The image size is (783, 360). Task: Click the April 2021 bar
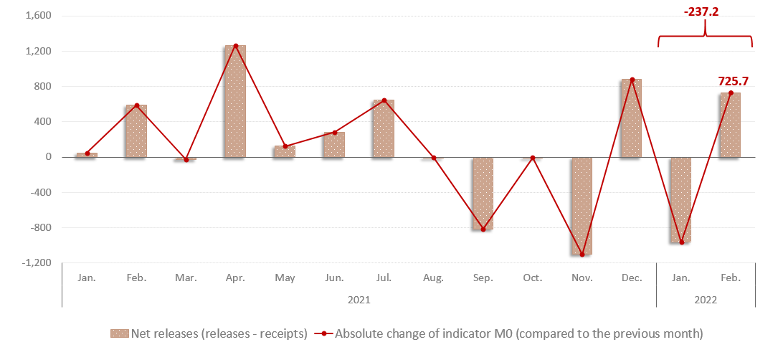(x=235, y=100)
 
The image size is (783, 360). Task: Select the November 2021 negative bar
(x=582, y=206)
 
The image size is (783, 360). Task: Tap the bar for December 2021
(x=631, y=118)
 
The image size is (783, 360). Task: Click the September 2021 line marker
(x=483, y=229)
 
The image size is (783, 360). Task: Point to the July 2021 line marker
(x=384, y=100)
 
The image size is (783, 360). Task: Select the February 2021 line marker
(x=136, y=105)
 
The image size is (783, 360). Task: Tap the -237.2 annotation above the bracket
(x=706, y=12)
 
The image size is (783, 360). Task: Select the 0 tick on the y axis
(x=47, y=157)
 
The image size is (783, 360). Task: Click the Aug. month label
(x=433, y=278)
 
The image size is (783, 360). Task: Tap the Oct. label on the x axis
(x=532, y=278)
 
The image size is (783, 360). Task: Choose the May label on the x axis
(x=285, y=278)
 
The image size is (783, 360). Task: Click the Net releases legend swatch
(x=119, y=333)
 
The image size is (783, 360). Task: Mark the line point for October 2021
(x=532, y=158)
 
